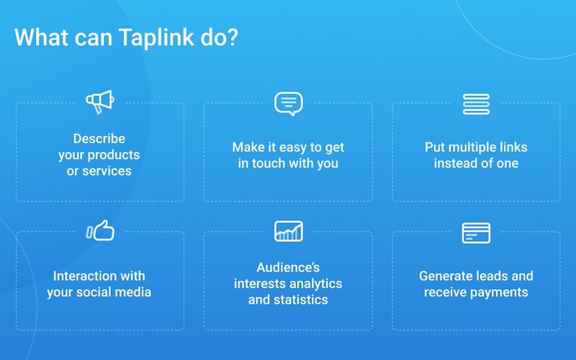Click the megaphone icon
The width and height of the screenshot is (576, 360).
tap(100, 102)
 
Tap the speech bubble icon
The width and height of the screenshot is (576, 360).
tap(288, 103)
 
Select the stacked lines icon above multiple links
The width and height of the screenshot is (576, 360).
tap(476, 104)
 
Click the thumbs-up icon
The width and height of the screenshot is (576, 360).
tap(100, 230)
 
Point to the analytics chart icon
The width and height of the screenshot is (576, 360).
tap(288, 231)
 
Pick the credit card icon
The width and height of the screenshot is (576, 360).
tap(476, 233)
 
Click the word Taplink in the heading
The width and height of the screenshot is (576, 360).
tap(153, 38)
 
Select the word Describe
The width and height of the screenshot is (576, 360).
tap(99, 138)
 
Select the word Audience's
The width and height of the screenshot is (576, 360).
tap(288, 267)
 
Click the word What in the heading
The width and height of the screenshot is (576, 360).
tap(40, 38)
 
